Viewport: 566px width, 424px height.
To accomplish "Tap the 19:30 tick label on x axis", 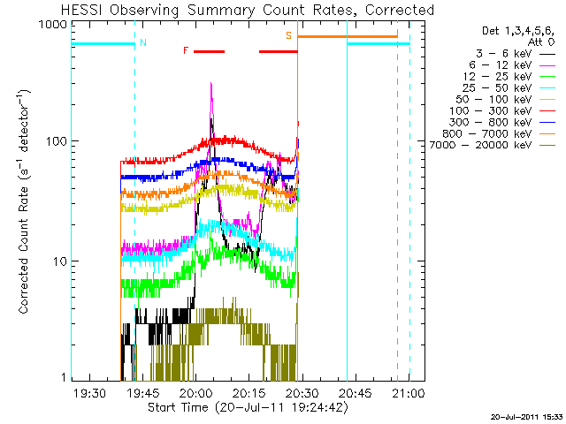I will click(89, 393).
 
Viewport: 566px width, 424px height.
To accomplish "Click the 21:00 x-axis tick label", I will click(409, 393).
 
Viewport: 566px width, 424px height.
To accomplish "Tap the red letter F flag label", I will click(185, 50).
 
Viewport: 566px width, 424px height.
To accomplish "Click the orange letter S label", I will click(288, 35).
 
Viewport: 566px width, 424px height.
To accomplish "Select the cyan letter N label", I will click(143, 42).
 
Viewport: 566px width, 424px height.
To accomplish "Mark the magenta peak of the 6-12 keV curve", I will click(211, 85).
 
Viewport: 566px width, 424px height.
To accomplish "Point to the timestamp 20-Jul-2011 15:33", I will click(526, 416).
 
